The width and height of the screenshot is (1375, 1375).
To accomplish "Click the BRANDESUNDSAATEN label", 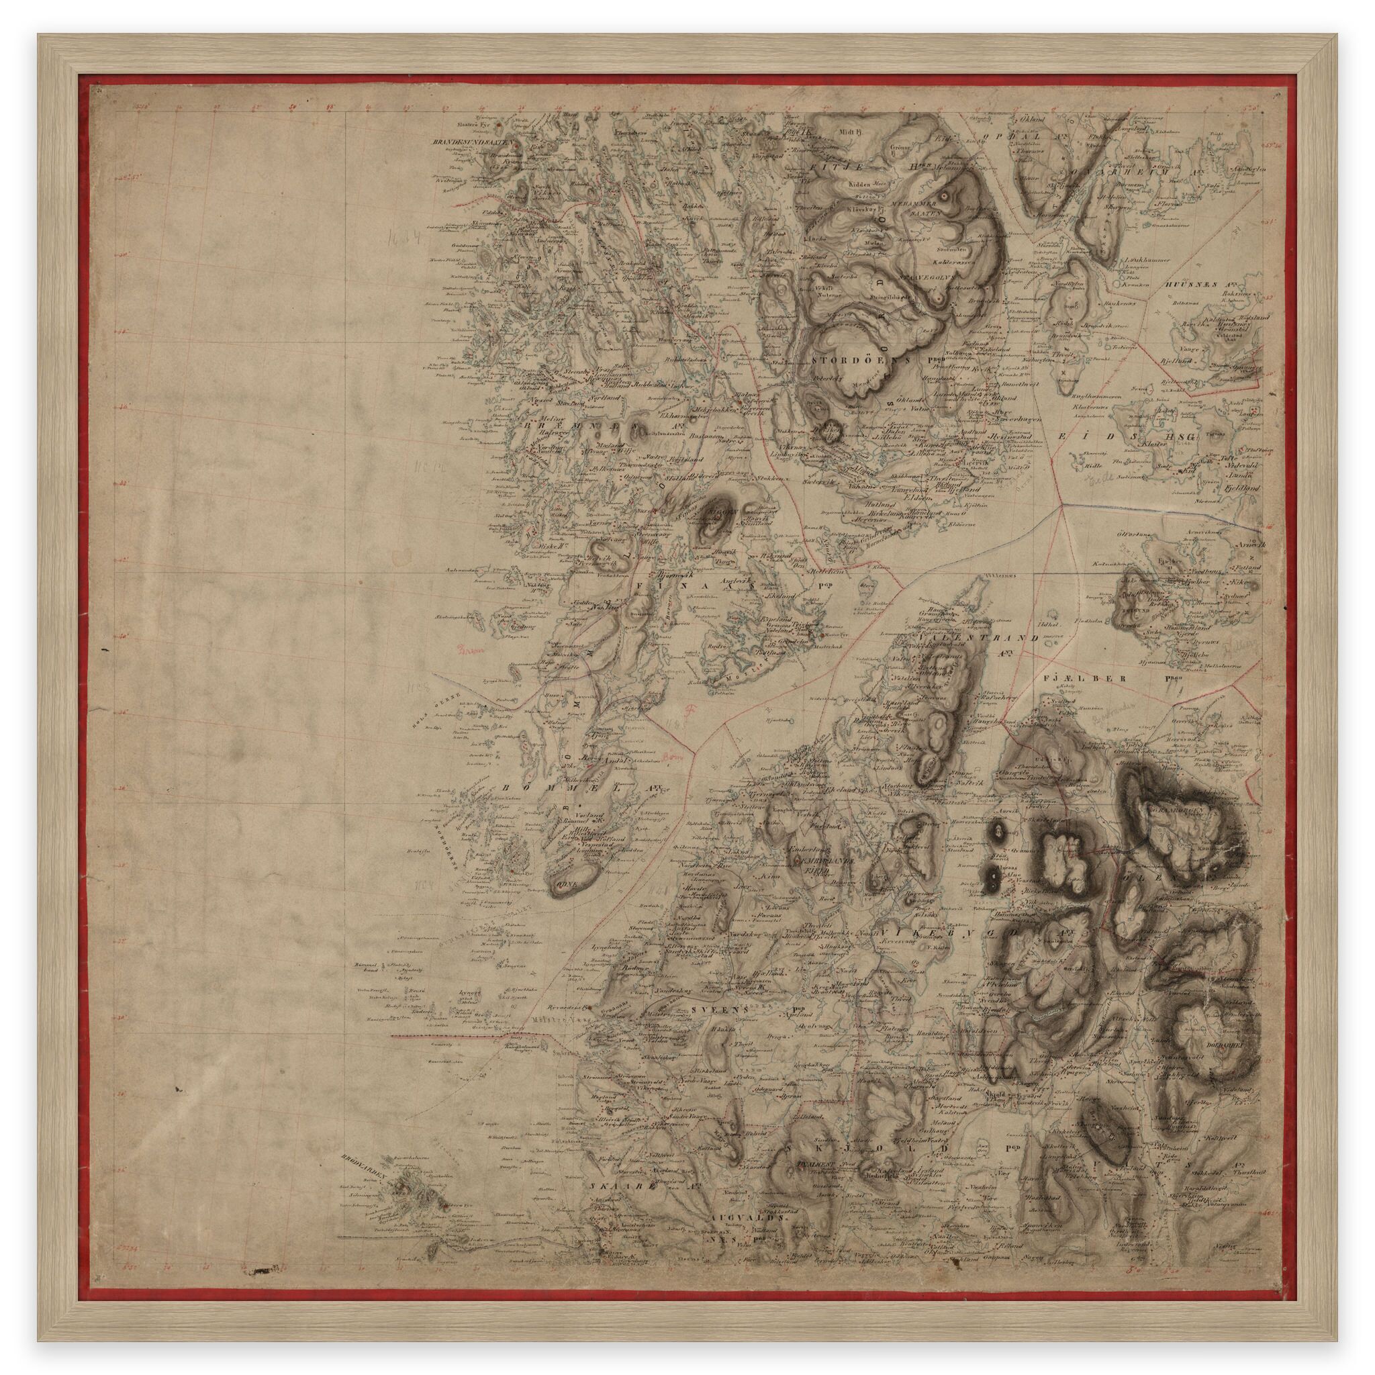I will pyautogui.click(x=474, y=142).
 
